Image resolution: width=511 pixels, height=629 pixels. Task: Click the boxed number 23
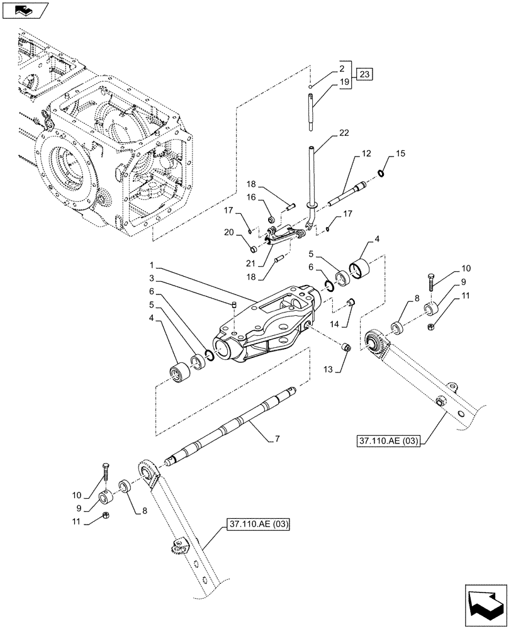tap(365, 75)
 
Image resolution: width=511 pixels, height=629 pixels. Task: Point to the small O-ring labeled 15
tap(381, 174)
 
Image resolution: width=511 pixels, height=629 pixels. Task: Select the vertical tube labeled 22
tap(312, 179)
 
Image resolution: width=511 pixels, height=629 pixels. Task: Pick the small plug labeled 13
tap(345, 347)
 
